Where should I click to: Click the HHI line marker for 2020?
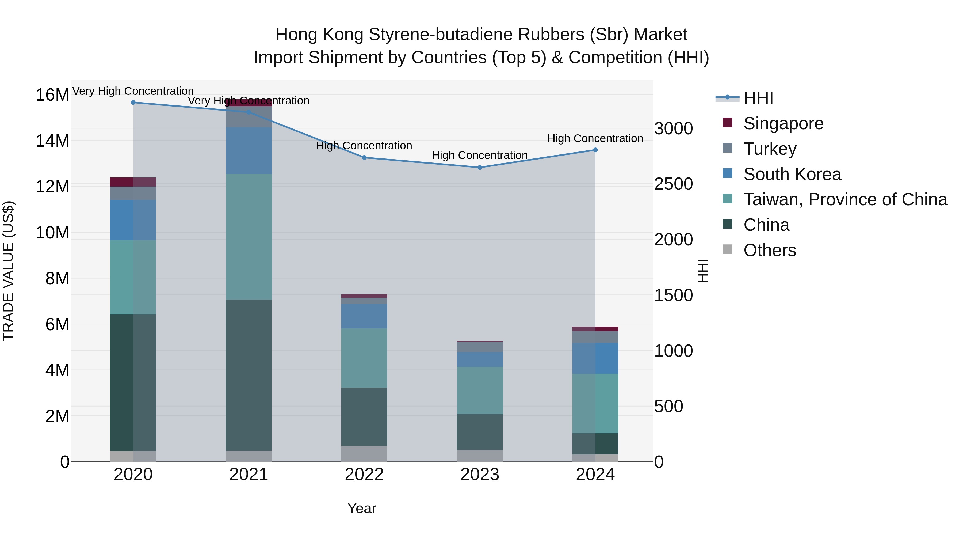133,103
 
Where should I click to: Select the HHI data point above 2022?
364,157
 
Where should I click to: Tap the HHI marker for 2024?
595,150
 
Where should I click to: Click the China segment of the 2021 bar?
249,375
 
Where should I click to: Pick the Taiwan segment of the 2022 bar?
364,358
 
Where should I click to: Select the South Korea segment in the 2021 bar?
249,151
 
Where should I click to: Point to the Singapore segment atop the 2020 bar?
133,182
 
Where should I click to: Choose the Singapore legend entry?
783,123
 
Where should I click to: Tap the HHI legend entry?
758,98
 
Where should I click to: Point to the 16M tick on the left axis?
52,95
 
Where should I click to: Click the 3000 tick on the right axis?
673,129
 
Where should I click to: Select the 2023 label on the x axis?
480,475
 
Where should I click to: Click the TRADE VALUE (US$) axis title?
8,271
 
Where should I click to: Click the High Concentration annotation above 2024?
595,138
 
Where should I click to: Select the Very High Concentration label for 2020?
133,91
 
